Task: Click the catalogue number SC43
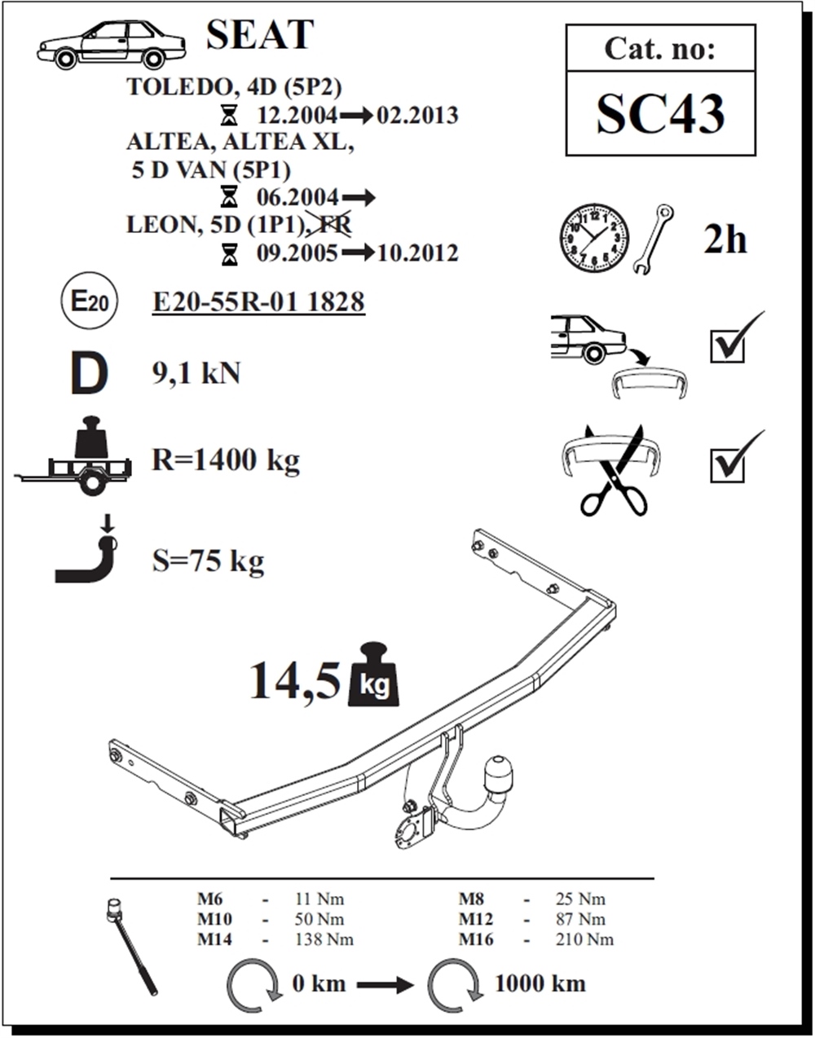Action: coord(661,114)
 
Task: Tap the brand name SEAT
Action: coord(260,35)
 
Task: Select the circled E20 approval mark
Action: coord(90,301)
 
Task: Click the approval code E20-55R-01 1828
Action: coord(258,302)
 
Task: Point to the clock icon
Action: coord(594,239)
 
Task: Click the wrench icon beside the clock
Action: coord(653,239)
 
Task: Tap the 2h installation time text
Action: coord(725,240)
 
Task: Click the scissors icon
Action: coord(614,470)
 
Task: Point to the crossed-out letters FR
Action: coord(335,224)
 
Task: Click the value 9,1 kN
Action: coord(196,373)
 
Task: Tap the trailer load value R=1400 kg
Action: coord(226,460)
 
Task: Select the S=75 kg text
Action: coord(208,561)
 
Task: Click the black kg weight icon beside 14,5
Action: coord(374,674)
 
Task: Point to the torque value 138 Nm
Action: coord(324,939)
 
